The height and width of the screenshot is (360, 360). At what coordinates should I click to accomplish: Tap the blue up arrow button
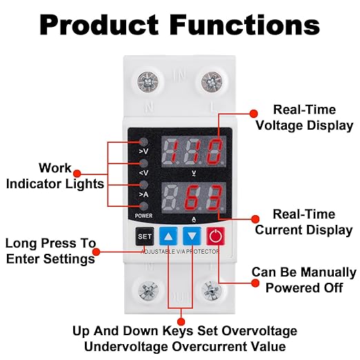[x=168, y=236]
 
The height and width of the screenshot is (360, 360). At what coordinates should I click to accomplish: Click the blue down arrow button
[x=192, y=236]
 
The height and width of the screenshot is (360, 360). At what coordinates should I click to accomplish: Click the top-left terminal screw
[x=148, y=82]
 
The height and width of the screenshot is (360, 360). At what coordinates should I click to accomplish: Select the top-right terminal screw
[x=212, y=82]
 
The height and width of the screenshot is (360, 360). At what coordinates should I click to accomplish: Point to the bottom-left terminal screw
[x=148, y=291]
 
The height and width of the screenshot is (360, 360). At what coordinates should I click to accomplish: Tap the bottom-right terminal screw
[x=212, y=291]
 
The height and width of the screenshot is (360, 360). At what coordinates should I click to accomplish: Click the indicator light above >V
[x=143, y=142]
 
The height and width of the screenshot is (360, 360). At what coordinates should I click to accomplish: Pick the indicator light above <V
[x=143, y=163]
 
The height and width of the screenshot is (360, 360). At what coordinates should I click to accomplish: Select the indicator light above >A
[x=143, y=185]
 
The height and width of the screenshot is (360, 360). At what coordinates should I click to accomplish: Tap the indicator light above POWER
[x=143, y=206]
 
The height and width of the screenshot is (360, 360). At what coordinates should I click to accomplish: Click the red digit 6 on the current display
[x=193, y=197]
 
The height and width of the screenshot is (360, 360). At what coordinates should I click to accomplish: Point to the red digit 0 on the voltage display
[x=215, y=151]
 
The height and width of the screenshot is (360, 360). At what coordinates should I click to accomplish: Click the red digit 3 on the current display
[x=215, y=197]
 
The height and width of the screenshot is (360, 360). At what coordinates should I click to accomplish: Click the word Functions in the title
[x=245, y=25]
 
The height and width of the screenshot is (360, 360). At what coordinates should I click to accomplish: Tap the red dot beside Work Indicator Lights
[x=77, y=173]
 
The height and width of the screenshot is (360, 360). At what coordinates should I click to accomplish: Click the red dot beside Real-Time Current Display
[x=255, y=219]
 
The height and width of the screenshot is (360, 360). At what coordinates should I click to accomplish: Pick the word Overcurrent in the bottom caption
[x=229, y=347]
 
